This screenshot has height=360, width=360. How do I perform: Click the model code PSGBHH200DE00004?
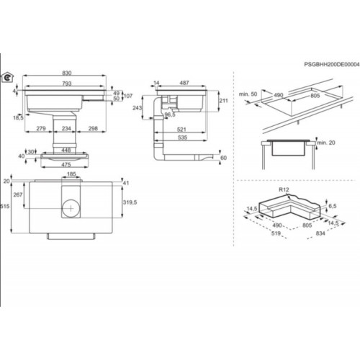point(332,64)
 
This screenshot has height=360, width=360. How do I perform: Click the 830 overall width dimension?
point(67,73)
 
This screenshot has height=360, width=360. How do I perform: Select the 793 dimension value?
point(67,84)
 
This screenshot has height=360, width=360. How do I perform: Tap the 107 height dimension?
point(128,96)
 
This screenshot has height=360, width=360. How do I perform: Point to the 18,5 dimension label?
point(19,117)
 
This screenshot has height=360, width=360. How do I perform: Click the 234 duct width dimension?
point(66,128)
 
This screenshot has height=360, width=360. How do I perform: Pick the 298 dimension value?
point(93,128)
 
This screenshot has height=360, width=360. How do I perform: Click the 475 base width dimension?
point(66,165)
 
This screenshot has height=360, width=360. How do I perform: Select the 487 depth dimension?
point(184,83)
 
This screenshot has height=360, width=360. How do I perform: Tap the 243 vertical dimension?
point(138,108)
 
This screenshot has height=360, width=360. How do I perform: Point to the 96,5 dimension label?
point(170,114)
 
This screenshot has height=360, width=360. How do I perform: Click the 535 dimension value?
point(182,138)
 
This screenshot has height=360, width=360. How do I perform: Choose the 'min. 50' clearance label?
point(248,94)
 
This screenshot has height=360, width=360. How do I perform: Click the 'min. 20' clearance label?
point(326,143)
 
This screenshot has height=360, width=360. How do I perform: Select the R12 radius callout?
point(284,189)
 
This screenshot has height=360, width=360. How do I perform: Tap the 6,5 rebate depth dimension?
point(333,206)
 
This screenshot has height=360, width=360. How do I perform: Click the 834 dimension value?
point(320,233)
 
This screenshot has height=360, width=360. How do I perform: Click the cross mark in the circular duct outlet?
point(71,208)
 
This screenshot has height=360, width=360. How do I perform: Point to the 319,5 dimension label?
point(130,202)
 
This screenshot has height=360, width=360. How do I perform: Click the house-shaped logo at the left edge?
point(7,77)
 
